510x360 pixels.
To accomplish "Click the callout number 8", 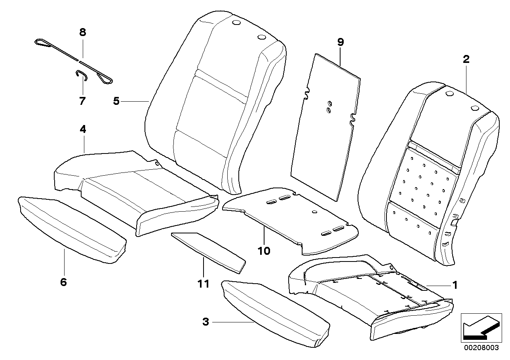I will point(82,32).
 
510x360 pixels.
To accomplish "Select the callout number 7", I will point(82,101).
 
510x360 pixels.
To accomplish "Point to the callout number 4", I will point(83,129).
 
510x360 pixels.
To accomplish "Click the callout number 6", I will point(63,282).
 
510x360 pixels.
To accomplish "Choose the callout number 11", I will point(203,284).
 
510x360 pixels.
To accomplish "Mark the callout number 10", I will point(264,251).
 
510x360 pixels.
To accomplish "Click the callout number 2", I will point(466,59).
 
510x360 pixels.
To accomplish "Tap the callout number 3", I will point(205,322).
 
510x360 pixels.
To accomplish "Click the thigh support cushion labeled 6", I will point(71,229).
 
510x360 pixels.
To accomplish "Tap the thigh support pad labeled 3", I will point(275,313).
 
